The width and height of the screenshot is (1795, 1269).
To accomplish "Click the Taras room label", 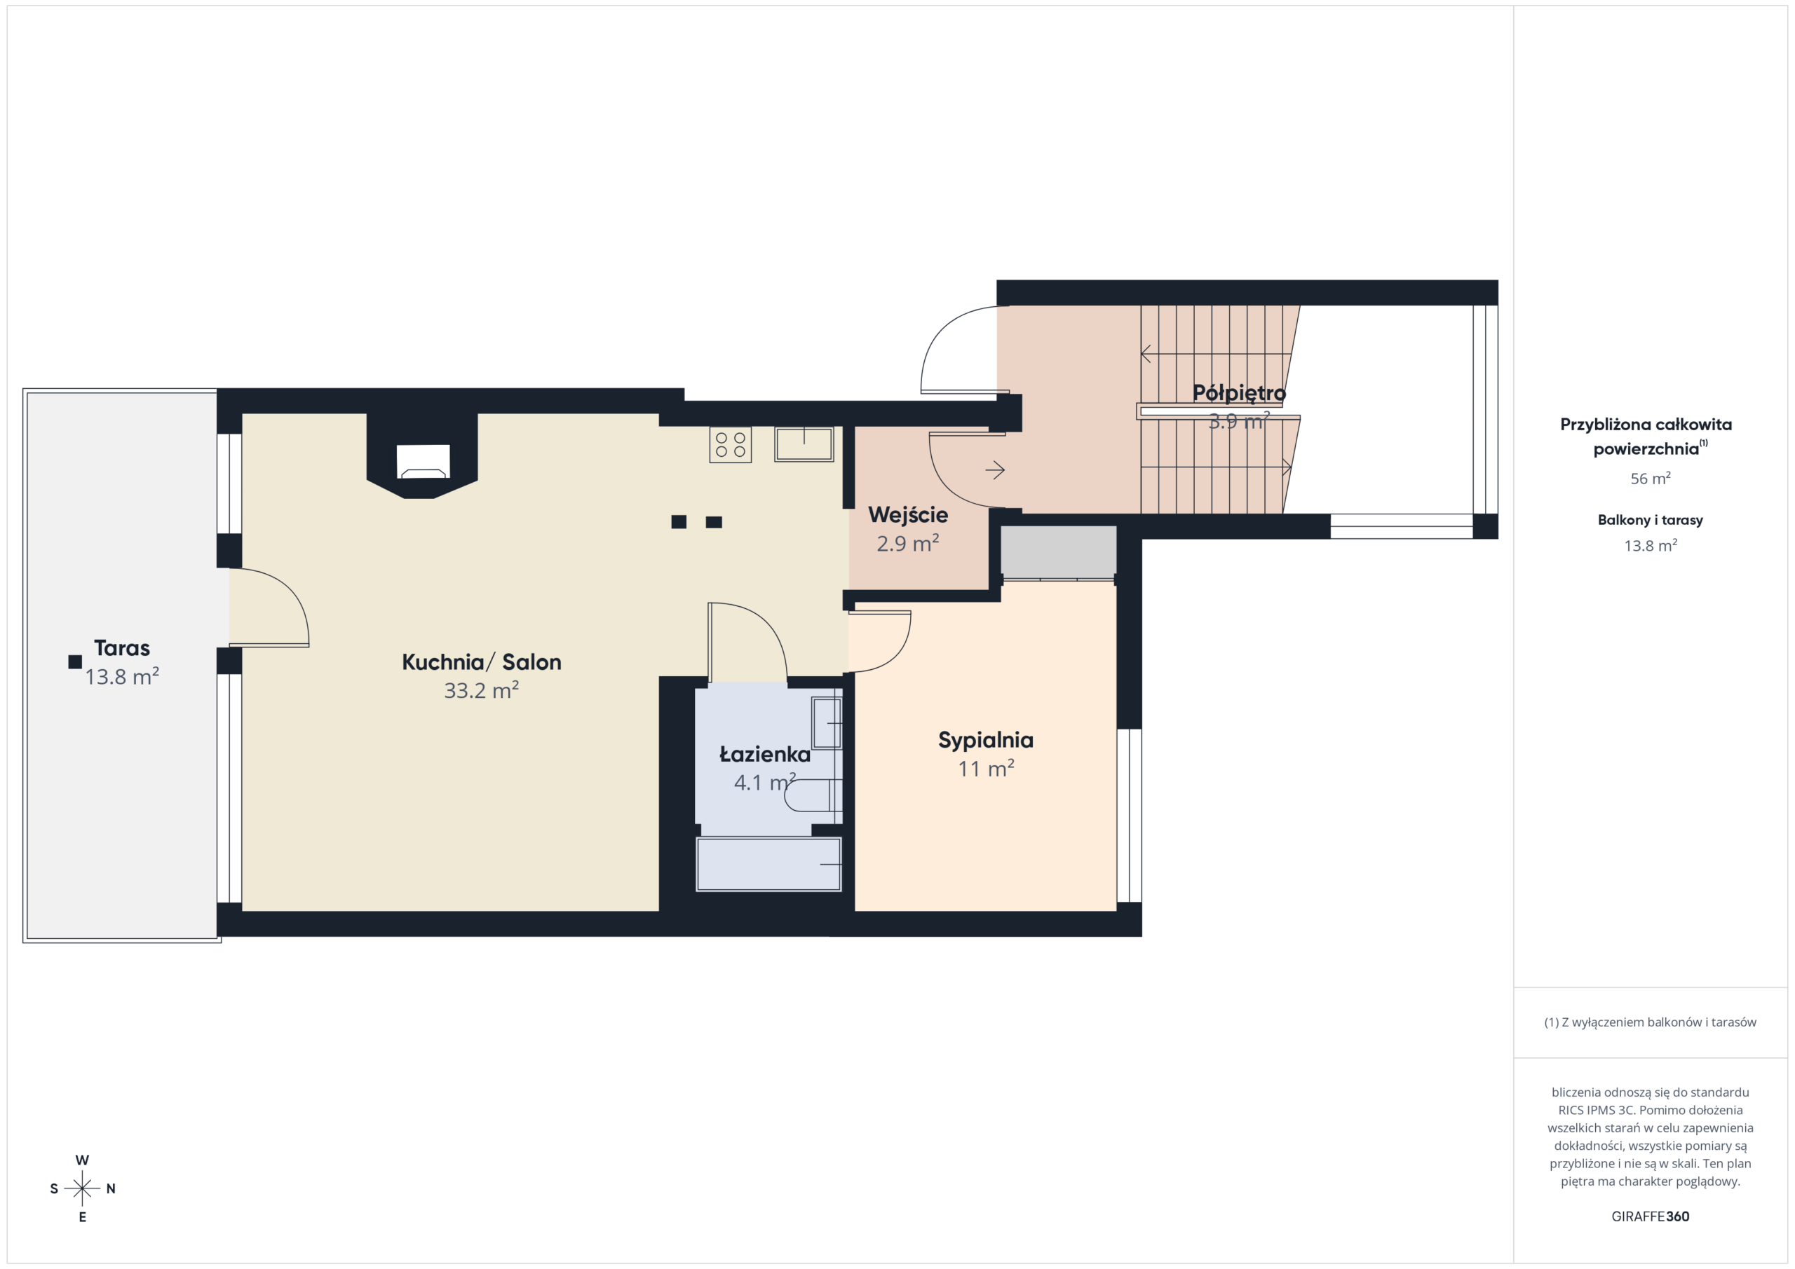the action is point(122,647).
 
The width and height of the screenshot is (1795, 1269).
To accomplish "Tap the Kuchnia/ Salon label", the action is point(482,662).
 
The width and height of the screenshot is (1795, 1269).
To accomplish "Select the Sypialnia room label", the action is point(986,741).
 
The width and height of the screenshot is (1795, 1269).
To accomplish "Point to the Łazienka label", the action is point(764,754).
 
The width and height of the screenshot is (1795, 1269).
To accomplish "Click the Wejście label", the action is point(907,515).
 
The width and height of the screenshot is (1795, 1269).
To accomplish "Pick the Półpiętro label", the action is point(1239,393).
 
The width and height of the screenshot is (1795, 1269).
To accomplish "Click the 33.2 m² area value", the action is point(482,690).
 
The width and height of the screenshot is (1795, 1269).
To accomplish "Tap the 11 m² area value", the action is point(986,769).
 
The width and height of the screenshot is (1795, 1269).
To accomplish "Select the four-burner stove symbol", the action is point(730,445).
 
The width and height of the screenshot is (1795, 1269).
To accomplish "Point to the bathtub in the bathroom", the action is point(768,864).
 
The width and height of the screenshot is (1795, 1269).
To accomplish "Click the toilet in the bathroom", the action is point(813,796).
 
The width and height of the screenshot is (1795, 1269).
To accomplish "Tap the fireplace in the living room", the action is point(423,461).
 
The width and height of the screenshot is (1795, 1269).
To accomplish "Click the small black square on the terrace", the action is point(75,662).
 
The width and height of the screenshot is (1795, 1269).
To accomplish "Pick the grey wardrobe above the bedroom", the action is point(1059,552).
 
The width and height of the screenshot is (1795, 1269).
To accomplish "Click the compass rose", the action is point(82,1188).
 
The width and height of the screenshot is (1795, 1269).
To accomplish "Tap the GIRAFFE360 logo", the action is point(1651,1216).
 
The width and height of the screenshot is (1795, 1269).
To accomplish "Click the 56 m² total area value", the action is point(1651,478).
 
